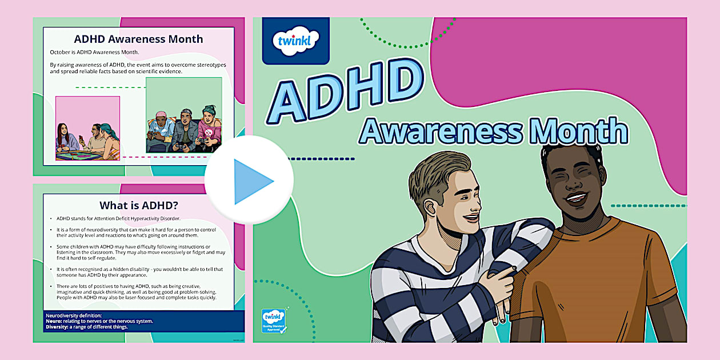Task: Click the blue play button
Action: (250, 181)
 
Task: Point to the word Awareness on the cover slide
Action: (441, 132)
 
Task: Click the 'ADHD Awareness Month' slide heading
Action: (138, 39)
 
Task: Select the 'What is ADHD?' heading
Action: (138, 205)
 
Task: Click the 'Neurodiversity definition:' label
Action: (73, 315)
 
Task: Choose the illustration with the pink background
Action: (87, 128)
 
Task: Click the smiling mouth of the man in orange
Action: (575, 199)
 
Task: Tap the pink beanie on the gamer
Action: (160, 115)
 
